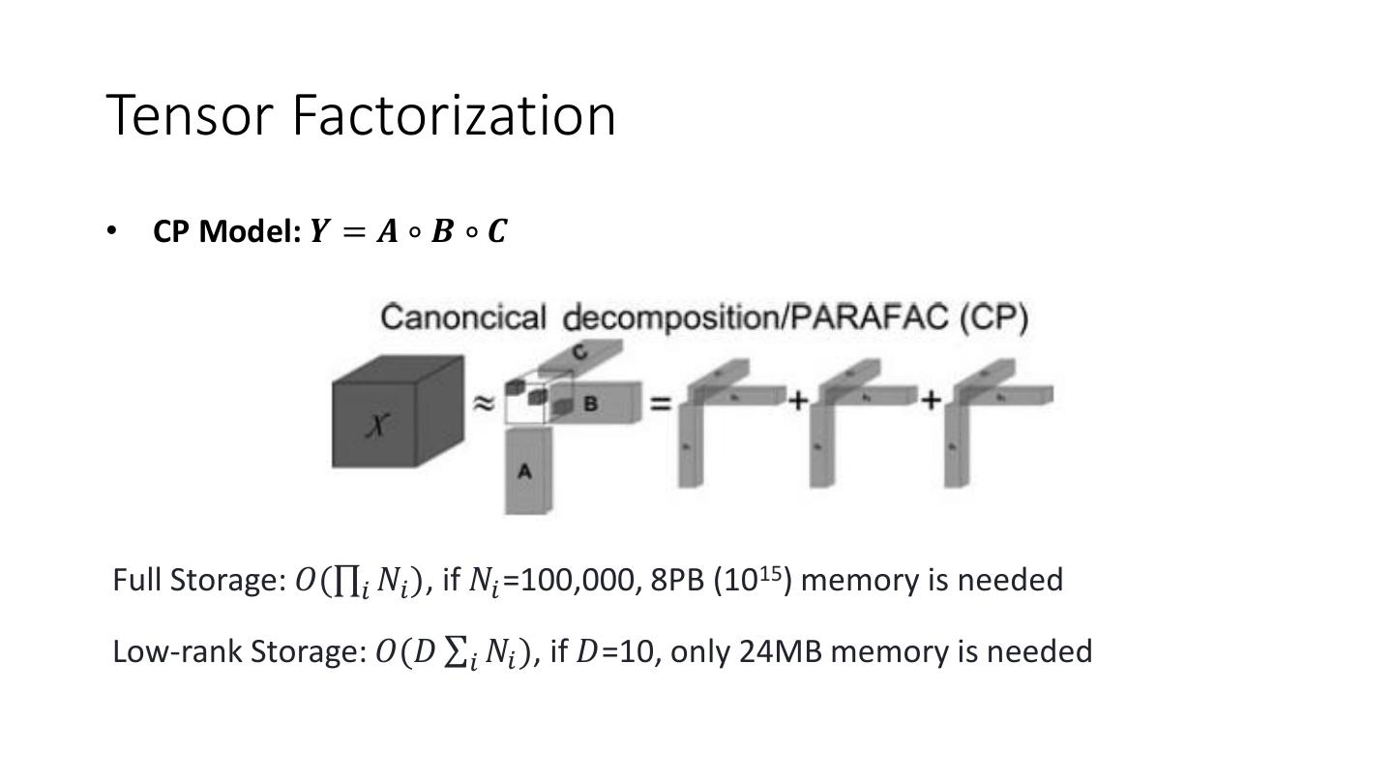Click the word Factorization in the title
453,115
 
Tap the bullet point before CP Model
112,231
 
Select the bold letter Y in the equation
319,232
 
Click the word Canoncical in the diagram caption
463,317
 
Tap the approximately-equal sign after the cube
483,403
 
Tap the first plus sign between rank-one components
796,399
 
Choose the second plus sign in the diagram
930,399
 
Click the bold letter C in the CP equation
496,232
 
